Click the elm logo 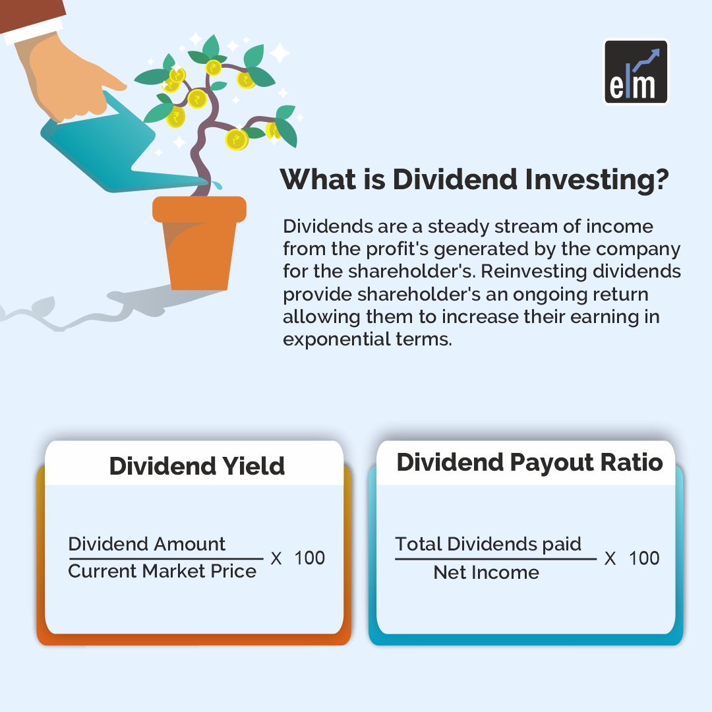(636, 72)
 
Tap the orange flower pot (199, 243)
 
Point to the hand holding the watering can (68, 75)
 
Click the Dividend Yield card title (197, 466)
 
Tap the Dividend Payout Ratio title (529, 463)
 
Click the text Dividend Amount (146, 543)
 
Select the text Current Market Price (162, 571)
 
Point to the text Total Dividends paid (488, 544)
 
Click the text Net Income (487, 572)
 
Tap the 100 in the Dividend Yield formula (310, 558)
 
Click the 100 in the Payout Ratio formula (644, 558)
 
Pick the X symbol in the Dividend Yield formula (276, 558)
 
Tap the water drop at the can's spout (218, 185)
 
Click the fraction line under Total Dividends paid (495, 558)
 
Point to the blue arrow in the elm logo (646, 60)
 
